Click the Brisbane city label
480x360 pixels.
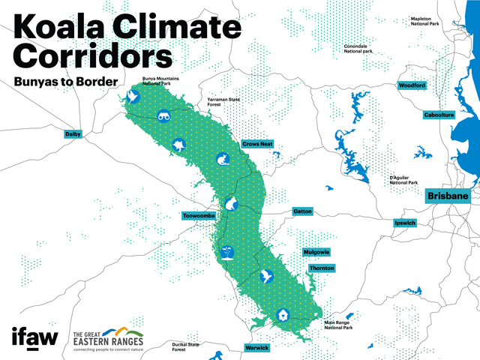click(x=448, y=196)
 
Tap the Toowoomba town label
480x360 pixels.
click(x=199, y=216)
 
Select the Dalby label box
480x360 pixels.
click(x=73, y=134)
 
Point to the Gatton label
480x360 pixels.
click(x=302, y=211)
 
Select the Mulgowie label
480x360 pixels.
click(x=316, y=252)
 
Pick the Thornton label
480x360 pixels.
click(x=321, y=268)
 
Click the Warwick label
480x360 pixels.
click(x=256, y=348)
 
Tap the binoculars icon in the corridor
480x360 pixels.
click(x=165, y=115)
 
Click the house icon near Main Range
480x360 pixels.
click(x=283, y=315)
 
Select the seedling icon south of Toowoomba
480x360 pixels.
click(x=228, y=253)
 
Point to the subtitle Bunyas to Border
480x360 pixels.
click(x=63, y=80)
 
